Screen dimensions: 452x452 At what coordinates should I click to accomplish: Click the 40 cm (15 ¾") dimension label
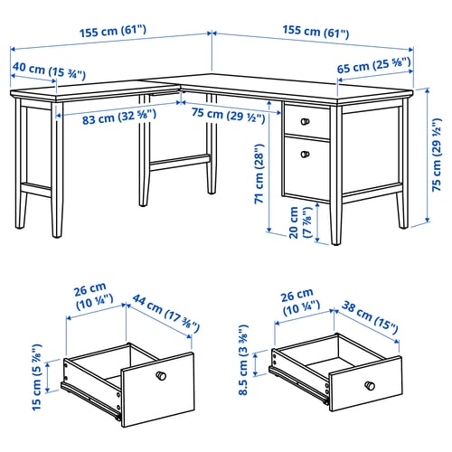click(49, 71)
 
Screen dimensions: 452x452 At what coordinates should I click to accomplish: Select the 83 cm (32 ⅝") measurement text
click(119, 117)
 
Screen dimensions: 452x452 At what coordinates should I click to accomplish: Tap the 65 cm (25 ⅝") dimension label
click(373, 65)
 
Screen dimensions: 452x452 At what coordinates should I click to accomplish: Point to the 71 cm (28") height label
click(259, 174)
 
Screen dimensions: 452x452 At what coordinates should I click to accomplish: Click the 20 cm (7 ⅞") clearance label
click(300, 222)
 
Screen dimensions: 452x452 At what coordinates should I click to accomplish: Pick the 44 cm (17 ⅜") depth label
click(165, 314)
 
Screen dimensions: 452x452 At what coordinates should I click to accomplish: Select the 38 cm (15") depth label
click(370, 317)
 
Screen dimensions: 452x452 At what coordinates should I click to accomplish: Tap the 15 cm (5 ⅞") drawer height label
click(37, 377)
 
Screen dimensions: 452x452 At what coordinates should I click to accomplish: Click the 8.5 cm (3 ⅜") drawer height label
click(243, 360)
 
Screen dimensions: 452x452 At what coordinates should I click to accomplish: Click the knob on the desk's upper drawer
click(305, 121)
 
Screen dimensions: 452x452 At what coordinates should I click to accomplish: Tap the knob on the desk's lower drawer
click(305, 155)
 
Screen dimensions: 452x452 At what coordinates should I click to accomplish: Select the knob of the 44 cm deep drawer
click(161, 375)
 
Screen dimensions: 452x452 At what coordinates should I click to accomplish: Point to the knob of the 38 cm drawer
click(370, 386)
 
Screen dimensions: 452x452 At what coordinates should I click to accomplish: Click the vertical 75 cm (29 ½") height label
click(437, 155)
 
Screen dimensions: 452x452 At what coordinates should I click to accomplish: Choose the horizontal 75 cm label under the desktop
click(229, 116)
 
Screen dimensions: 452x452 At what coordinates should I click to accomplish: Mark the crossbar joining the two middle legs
click(180, 162)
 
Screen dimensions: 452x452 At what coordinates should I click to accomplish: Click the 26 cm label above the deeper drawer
click(94, 297)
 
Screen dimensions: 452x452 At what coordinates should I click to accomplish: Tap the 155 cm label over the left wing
click(113, 32)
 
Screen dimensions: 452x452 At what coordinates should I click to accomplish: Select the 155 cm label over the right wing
click(315, 32)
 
